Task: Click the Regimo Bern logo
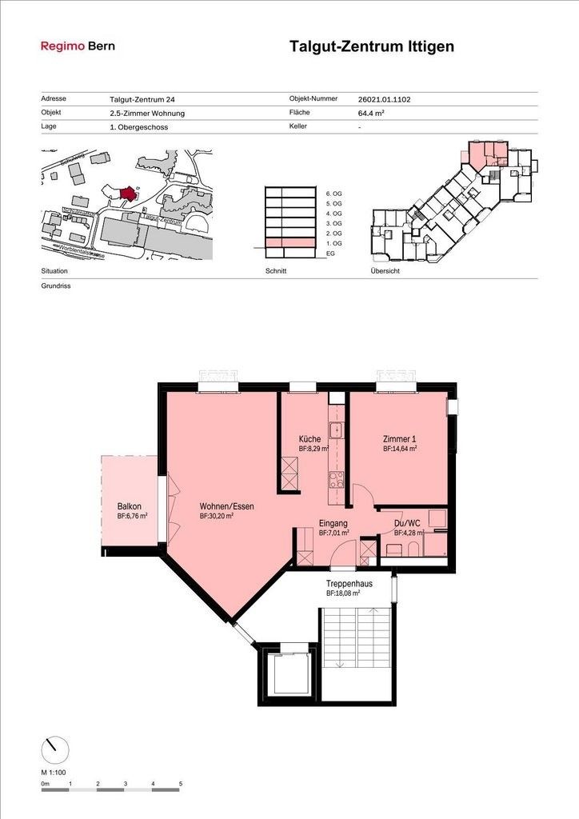pos(78,46)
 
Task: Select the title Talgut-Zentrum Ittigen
pos(371,46)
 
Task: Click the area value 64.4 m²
pos(372,114)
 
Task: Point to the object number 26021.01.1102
pos(385,100)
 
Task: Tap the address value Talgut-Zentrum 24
pos(142,100)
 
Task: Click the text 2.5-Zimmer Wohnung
pos(147,114)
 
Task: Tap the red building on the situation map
pos(126,193)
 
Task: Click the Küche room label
pos(310,439)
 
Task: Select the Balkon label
pos(130,507)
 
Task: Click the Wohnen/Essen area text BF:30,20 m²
pos(217,517)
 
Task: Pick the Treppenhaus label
pos(349,584)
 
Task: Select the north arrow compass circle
pos(54,749)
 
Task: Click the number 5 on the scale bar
pos(180,784)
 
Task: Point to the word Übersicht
pos(385,271)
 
